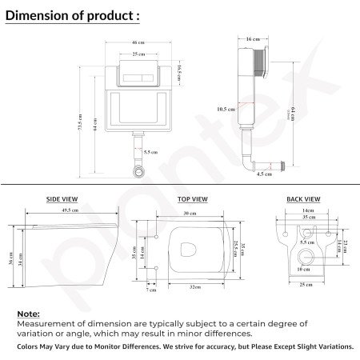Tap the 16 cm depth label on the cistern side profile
253,38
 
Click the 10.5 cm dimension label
226,109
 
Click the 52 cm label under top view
195,286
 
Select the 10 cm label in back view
304,270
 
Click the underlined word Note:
28,314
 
